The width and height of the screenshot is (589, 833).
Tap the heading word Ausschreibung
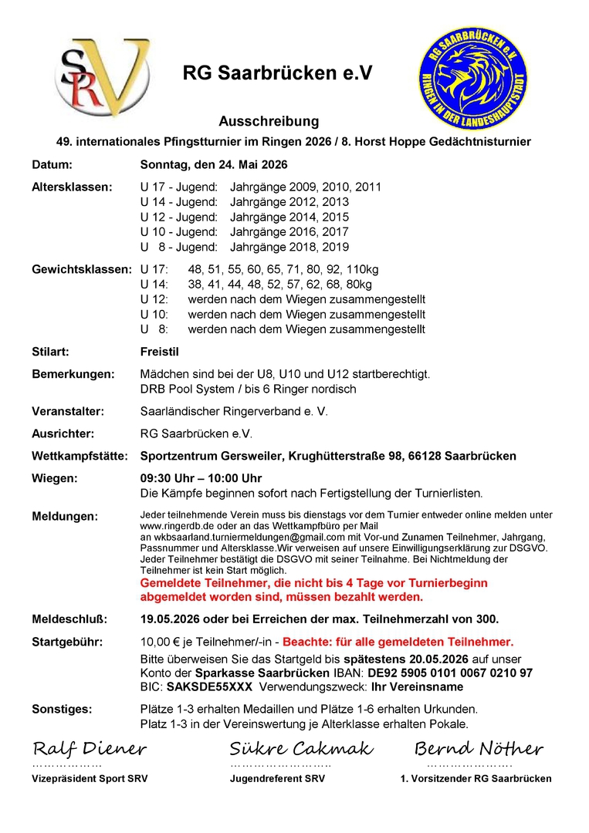269,122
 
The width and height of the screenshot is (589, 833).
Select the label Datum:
52,164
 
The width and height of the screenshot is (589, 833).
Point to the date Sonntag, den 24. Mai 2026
214,164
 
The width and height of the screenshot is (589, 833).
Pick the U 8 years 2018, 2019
289,247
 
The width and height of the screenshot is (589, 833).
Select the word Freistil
160,352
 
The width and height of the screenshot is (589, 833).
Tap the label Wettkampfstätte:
80,456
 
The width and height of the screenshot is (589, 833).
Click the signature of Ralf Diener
90,748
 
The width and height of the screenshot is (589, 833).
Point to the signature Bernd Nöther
479,748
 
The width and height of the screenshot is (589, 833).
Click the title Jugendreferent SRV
277,779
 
